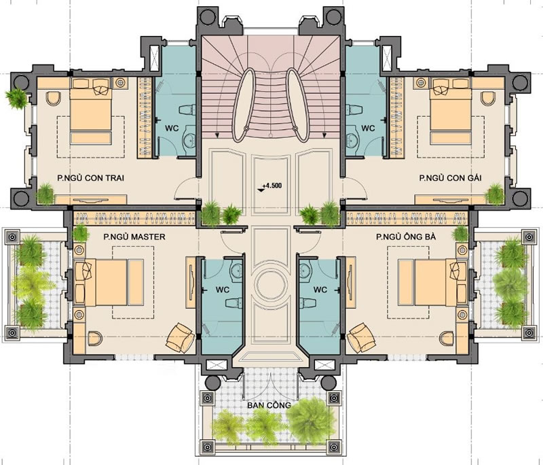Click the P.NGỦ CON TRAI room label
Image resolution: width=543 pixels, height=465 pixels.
tap(90, 178)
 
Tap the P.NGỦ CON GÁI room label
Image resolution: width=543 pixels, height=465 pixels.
tap(450, 178)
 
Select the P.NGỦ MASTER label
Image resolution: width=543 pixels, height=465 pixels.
tap(134, 237)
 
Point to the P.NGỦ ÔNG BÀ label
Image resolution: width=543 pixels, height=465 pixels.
tap(406, 237)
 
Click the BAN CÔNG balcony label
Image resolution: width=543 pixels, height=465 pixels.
tap(269, 405)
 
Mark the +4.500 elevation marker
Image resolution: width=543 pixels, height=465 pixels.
tap(270, 186)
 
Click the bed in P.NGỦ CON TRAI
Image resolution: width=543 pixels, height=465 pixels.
tap(90, 111)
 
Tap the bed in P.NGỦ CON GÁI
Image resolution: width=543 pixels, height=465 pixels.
tap(451, 111)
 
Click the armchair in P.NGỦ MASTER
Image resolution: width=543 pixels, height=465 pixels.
tap(181, 337)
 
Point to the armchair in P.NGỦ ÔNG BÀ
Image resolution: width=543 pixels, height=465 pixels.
tap(362, 337)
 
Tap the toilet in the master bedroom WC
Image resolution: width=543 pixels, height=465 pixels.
tap(233, 303)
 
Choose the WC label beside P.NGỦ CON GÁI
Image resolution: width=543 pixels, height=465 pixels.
tap(368, 128)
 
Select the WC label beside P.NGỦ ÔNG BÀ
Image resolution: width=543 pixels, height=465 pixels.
tap(320, 289)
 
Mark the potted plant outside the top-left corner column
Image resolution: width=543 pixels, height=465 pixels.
tap(16, 98)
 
